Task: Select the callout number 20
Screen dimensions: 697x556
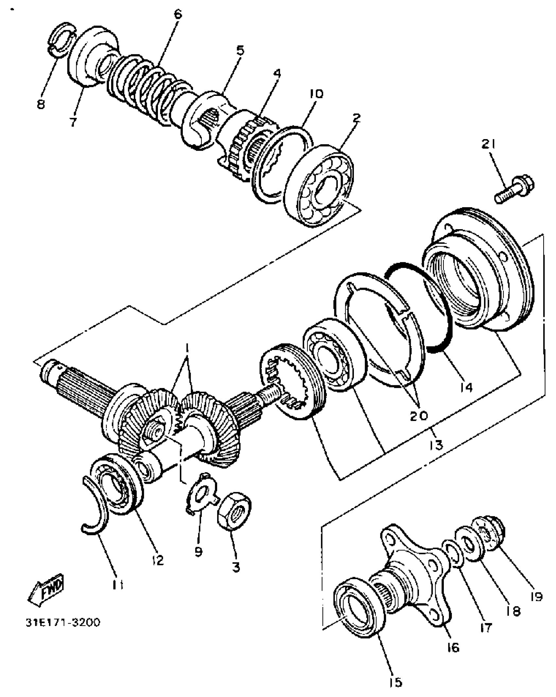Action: (418, 416)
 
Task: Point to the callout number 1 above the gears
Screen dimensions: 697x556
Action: (187, 349)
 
